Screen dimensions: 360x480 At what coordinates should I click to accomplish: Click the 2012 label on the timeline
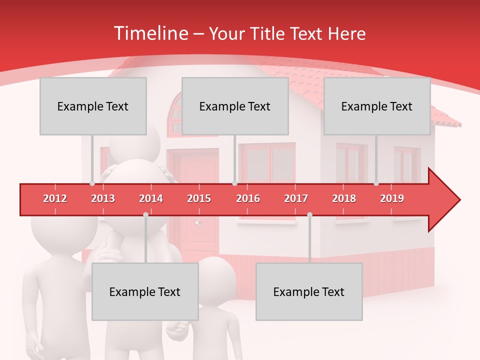click(x=55, y=198)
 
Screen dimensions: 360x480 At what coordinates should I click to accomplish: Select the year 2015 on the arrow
click(x=199, y=198)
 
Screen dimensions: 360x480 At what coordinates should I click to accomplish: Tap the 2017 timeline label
click(x=296, y=198)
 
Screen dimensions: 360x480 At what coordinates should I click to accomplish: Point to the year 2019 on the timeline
click(x=392, y=198)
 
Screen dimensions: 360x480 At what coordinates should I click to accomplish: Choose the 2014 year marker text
click(x=151, y=198)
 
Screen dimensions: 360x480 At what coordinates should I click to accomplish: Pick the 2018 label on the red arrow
click(x=344, y=198)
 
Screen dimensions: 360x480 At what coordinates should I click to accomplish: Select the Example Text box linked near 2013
click(x=93, y=106)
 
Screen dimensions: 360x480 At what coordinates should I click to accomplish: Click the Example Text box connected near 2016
click(x=235, y=106)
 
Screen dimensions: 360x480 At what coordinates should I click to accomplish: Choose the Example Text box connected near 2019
click(x=377, y=106)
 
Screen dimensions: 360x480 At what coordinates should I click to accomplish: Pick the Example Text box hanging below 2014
click(x=145, y=291)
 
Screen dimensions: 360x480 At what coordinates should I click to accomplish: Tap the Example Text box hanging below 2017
click(x=309, y=291)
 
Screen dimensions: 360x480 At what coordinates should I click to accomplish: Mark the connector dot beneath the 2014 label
click(x=145, y=214)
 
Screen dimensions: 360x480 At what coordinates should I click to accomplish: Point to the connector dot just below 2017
click(x=309, y=214)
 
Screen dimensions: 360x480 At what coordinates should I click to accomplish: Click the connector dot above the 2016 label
click(x=234, y=183)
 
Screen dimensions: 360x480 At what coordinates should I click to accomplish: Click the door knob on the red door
click(x=198, y=222)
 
